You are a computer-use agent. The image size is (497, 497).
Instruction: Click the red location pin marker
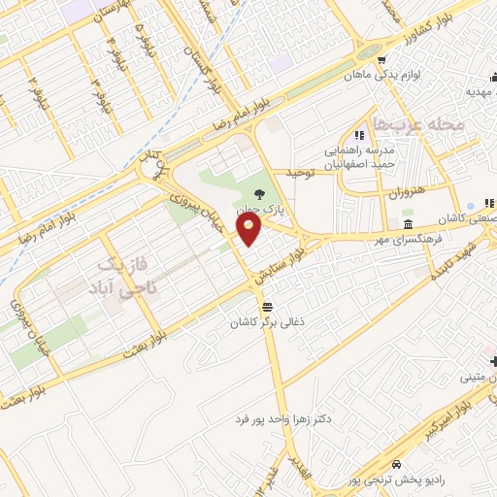(250, 230)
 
